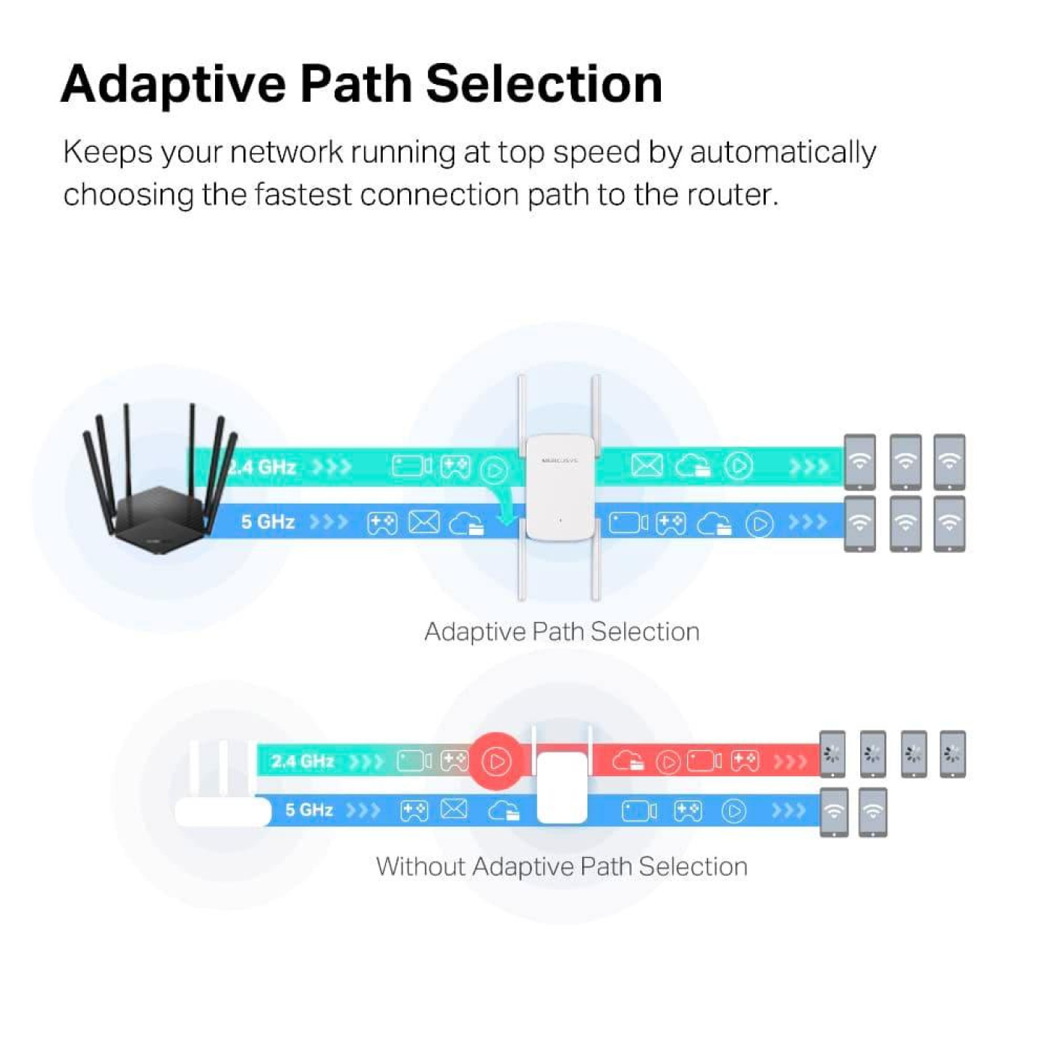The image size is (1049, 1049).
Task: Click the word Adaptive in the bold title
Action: point(173,84)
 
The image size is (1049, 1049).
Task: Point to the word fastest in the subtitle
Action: point(303,195)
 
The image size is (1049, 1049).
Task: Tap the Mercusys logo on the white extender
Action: point(560,461)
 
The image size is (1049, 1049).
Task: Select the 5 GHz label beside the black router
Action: point(267,522)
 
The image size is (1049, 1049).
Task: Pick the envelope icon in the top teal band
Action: point(647,466)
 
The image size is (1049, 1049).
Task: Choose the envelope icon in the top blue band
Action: point(424,522)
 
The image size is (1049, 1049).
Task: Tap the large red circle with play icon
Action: point(496,761)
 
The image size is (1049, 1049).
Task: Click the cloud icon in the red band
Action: point(628,761)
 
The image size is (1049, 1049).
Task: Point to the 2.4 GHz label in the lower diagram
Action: point(302,761)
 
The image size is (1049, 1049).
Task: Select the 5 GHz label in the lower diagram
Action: point(309,810)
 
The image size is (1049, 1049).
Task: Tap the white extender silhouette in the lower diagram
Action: point(562,787)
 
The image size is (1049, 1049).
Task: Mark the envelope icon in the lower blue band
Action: point(454,809)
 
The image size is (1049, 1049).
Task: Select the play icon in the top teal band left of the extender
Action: point(494,470)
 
